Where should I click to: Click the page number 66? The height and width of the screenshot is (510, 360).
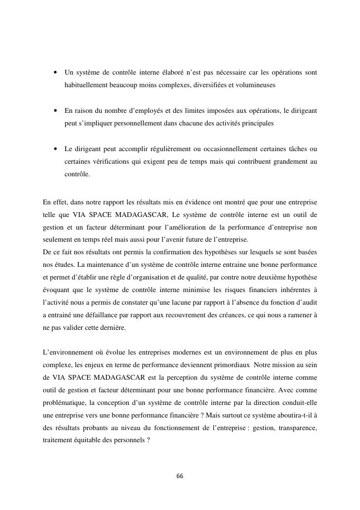[x=180, y=476]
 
